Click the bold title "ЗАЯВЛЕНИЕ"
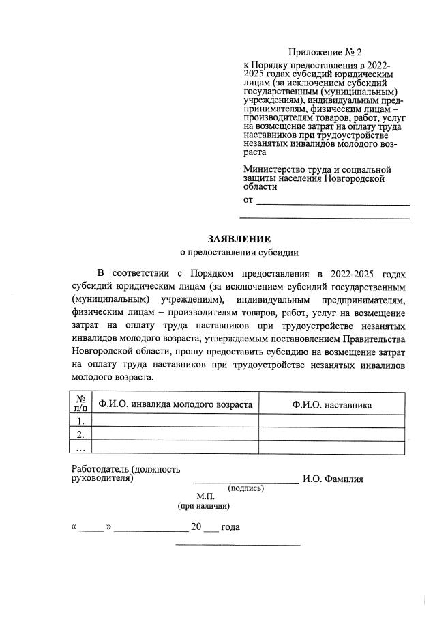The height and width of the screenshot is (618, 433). [x=239, y=238]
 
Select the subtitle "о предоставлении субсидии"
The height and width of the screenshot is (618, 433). [x=239, y=252]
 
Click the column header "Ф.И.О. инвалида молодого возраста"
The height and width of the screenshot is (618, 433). [x=175, y=404]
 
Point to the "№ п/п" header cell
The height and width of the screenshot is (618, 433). [x=80, y=404]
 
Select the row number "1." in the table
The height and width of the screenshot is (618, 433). [x=80, y=421]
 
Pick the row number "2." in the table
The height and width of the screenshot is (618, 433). [x=80, y=434]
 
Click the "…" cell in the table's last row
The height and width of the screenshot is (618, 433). [x=80, y=447]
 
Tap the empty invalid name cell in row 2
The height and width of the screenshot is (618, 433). [x=175, y=434]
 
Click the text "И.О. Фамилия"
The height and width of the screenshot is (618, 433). [x=334, y=479]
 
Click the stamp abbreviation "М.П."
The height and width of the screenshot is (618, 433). [x=205, y=496]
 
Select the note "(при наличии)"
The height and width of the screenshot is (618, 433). [x=203, y=507]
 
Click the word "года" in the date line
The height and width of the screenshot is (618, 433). [x=230, y=528]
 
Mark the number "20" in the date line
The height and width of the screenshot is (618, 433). [x=196, y=528]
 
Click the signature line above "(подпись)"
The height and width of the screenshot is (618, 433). [x=245, y=482]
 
